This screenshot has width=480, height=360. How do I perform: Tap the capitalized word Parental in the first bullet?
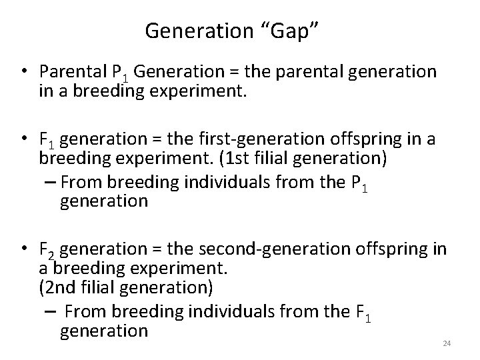(x=67, y=71)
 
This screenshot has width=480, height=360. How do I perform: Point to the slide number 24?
(x=447, y=343)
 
